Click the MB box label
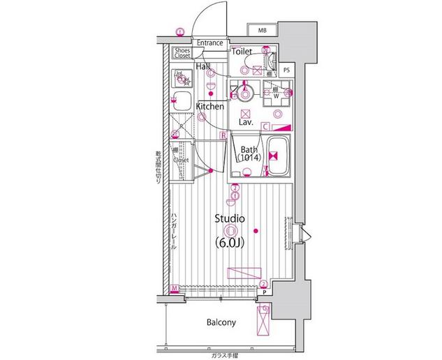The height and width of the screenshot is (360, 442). [262, 31]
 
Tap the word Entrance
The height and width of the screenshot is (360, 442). [209, 43]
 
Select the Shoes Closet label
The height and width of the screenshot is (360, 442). [183, 52]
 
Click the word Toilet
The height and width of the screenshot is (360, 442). [242, 52]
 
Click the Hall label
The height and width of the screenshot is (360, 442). [203, 66]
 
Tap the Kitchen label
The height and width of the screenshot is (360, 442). [209, 107]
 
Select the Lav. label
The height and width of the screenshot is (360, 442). [245, 121]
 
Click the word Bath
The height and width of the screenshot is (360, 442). [249, 150]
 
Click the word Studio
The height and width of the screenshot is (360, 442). [230, 218]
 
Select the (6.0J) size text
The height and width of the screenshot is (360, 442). [230, 243]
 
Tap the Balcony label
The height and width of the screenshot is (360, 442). [221, 322]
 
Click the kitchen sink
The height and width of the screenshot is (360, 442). [183, 100]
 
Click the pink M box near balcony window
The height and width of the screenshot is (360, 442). [174, 288]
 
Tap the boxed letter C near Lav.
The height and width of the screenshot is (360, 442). [266, 126]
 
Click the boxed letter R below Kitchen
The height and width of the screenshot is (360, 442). [223, 135]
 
